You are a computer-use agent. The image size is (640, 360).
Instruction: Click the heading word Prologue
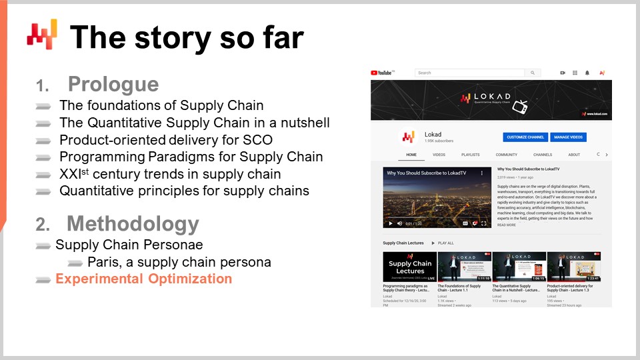113,85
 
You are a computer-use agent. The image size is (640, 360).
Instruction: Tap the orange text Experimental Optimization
143,279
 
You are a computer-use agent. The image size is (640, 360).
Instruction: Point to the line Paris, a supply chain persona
179,262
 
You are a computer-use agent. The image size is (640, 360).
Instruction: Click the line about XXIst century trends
169,174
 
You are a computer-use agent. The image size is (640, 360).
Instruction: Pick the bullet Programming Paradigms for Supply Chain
191,157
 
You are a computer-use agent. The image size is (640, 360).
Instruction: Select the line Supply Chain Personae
129,245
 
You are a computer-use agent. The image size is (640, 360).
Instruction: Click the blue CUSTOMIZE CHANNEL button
525,137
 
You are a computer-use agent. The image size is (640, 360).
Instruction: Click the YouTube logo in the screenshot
383,73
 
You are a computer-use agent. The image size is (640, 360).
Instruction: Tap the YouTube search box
470,73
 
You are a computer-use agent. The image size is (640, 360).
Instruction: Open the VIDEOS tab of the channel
439,155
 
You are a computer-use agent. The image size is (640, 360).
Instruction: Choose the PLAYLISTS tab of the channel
470,155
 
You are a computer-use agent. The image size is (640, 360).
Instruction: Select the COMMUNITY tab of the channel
506,155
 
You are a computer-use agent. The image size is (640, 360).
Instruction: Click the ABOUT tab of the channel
573,155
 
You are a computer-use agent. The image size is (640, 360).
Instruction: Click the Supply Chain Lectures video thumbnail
409,267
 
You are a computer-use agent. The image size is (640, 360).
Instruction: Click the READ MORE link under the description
507,225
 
